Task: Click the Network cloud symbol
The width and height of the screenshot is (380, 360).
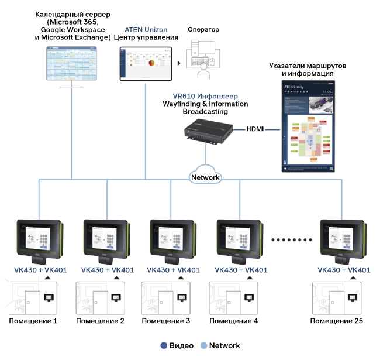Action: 205,175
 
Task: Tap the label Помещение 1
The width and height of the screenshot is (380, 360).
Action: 33,321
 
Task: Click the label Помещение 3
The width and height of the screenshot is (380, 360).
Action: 166,321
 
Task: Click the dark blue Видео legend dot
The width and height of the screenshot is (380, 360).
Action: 164,345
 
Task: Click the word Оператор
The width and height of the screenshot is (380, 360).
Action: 204,29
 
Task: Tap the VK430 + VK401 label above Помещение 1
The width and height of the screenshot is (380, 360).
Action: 41,270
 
